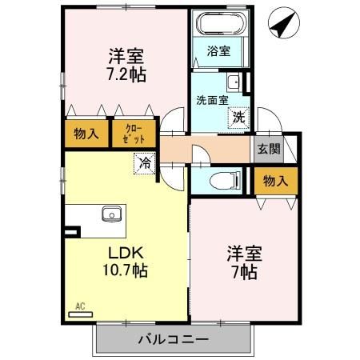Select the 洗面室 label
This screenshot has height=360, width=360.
[212, 100]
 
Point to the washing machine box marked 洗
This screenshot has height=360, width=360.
[239, 117]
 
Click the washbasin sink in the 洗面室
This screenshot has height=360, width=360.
[234, 82]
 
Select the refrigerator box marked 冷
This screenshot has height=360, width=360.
[145, 163]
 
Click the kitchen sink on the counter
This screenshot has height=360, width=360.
[110, 214]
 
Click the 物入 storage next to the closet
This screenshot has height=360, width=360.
[86, 134]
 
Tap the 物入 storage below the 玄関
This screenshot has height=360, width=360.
[276, 181]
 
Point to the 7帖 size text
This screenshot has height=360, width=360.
[245, 272]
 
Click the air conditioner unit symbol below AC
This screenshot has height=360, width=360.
[80, 314]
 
